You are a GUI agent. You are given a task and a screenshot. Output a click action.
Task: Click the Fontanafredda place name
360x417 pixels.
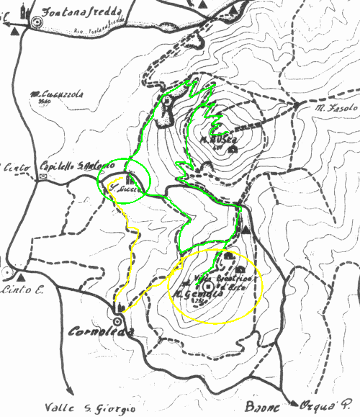coord(81,12)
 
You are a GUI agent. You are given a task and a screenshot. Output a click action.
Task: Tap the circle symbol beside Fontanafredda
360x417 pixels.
coord(38,23)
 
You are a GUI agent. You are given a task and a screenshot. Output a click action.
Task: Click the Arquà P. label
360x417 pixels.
coord(329,405)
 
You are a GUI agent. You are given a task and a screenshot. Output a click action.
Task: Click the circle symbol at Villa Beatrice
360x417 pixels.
coord(209,286)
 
